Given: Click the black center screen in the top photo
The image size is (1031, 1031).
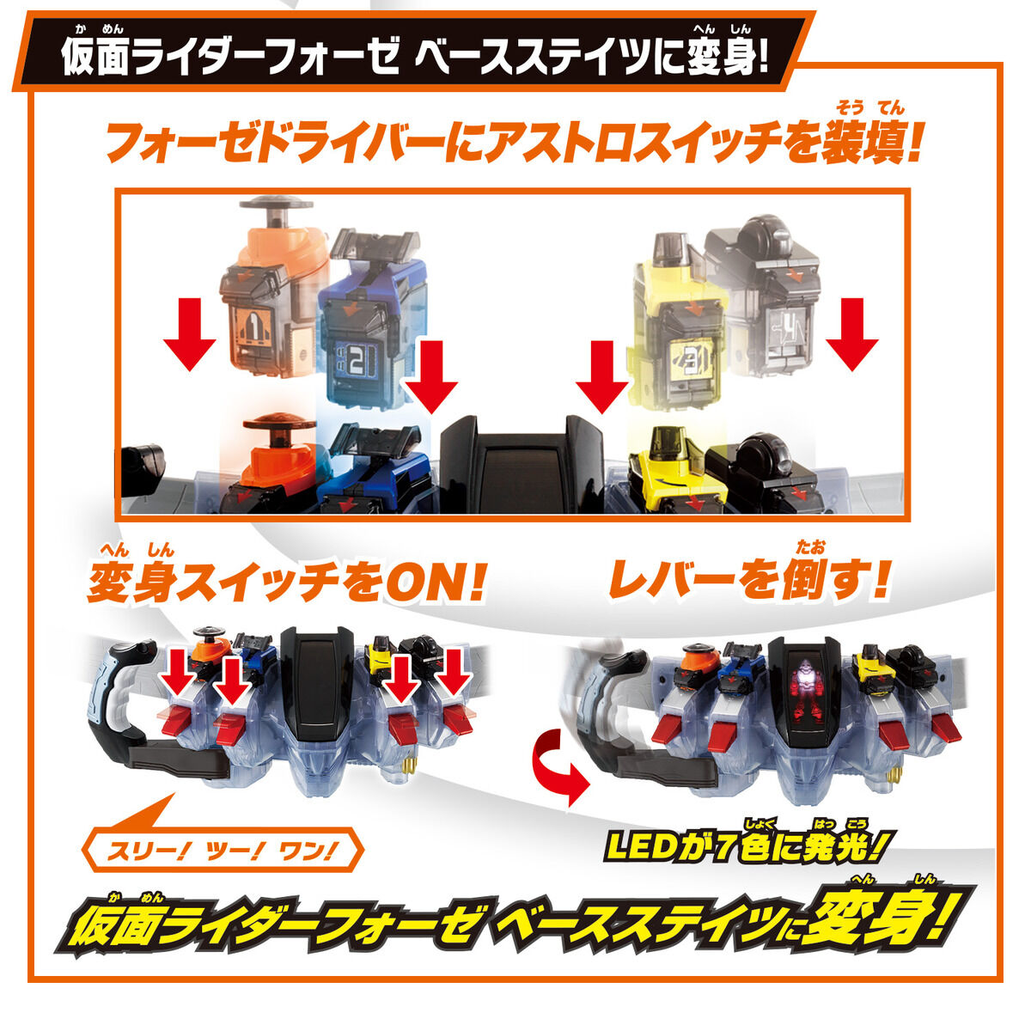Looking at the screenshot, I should pyautogui.click(x=521, y=468).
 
